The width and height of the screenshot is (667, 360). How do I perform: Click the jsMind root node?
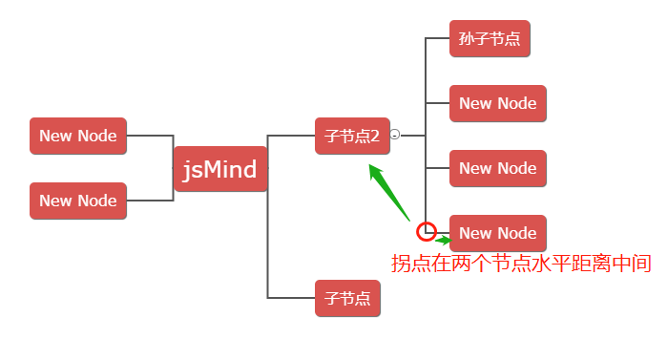(220, 170)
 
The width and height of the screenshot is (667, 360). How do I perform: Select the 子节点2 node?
(351, 136)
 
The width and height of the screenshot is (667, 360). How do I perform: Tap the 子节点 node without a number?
(347, 298)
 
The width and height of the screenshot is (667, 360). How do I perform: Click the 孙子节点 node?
(490, 39)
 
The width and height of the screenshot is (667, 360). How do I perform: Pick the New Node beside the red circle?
(497, 233)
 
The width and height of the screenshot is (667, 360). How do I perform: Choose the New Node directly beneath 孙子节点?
(497, 103)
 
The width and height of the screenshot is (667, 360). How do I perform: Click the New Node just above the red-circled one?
(497, 168)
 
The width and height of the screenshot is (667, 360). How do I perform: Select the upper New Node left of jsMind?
(77, 136)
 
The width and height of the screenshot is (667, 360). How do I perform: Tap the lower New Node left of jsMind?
(77, 201)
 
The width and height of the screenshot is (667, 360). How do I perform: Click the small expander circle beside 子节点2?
(395, 136)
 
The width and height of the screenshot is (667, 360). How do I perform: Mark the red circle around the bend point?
(427, 231)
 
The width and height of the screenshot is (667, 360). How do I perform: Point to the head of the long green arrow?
(373, 169)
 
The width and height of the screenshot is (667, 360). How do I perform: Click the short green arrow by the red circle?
(442, 239)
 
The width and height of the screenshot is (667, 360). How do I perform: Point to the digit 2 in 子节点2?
(375, 136)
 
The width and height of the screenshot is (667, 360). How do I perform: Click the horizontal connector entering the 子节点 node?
(291, 298)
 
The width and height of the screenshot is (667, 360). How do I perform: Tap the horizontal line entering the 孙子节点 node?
(437, 39)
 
